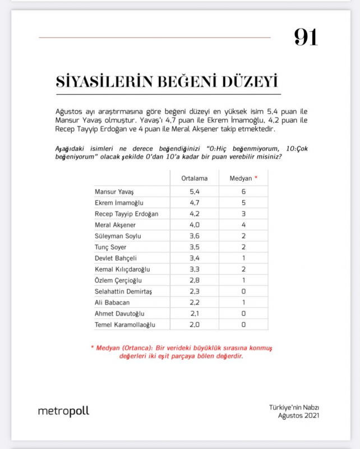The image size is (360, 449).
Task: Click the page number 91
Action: [306, 37]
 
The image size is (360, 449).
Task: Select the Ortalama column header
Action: [195, 178]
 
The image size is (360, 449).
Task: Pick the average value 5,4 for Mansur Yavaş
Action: [195, 192]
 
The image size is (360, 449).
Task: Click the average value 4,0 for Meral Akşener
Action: [195, 225]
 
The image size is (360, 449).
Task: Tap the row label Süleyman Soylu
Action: [118, 236]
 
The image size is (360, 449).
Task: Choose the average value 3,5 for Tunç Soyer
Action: [195, 247]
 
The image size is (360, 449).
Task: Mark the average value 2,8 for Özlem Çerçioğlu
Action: [195, 280]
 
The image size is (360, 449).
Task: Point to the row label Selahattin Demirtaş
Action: [124, 291]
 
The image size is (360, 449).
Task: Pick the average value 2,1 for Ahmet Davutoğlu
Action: [195, 313]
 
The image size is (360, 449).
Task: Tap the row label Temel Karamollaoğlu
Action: [125, 324]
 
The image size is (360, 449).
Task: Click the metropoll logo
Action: [63, 411]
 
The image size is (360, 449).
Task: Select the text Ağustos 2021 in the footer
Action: [302, 415]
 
